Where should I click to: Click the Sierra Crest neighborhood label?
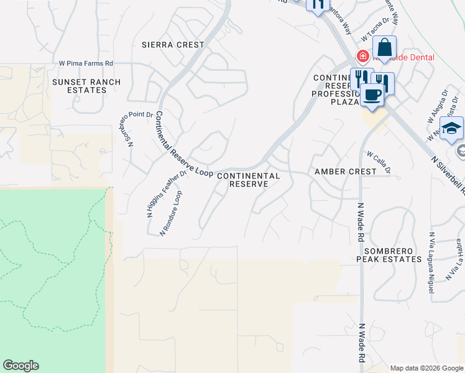173,45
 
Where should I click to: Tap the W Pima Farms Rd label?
86,63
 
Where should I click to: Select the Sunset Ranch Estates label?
87,86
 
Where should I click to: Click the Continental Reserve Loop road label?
183,144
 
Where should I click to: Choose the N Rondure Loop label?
171,213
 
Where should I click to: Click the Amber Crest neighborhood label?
346,171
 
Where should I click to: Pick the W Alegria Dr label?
437,106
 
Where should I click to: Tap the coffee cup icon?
372,94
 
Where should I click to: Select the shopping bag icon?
385,48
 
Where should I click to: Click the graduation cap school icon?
453,128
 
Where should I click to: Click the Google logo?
21,366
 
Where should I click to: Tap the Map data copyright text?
426,368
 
